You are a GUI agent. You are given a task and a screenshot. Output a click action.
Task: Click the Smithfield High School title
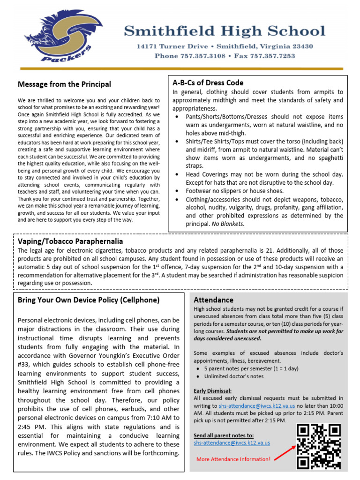[x=225, y=31]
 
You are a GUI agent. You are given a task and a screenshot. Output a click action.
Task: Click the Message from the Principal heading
[x=64, y=84]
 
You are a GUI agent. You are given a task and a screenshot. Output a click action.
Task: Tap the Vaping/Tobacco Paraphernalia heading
[x=70, y=241]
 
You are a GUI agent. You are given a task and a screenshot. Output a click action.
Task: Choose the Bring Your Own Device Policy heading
[x=89, y=300]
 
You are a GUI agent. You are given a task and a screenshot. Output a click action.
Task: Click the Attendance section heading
[x=213, y=300]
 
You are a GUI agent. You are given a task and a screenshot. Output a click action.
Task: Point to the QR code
[x=319, y=446]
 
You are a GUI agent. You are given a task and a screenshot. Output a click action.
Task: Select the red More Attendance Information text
[x=233, y=459]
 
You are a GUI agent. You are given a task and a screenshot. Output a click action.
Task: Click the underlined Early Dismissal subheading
[x=212, y=391]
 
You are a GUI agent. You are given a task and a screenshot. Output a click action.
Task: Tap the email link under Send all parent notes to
[x=232, y=442]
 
